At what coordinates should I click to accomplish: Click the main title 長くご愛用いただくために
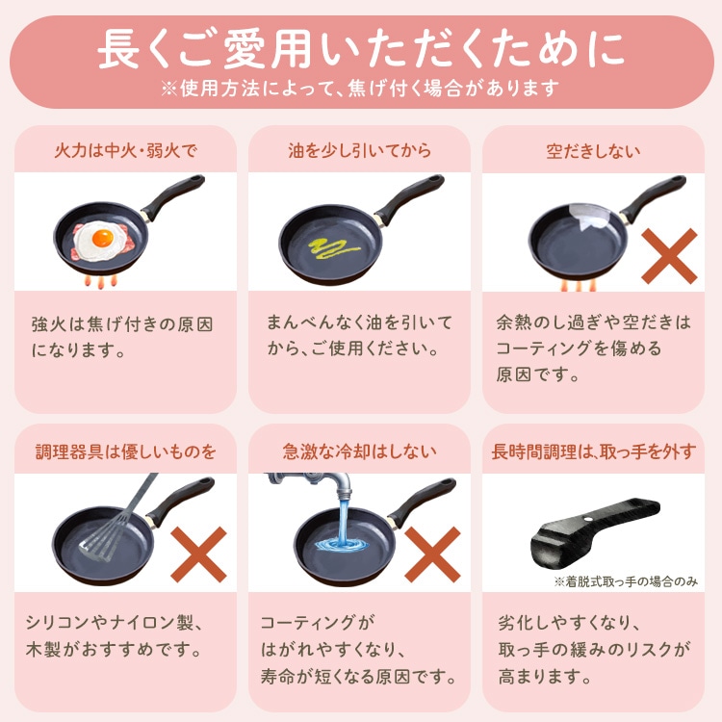pos(360,48)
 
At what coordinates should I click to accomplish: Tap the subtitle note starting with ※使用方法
pos(360,89)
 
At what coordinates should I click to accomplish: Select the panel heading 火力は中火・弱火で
pos(125,151)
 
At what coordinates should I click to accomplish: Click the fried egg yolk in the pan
pos(98,235)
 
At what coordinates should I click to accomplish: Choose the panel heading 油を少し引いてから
pos(359,151)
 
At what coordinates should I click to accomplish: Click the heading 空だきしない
pos(593,151)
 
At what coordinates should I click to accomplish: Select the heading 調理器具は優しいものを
pos(125,451)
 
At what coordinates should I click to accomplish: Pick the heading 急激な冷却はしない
pos(359,451)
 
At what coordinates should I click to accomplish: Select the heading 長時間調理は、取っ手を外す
pos(593,451)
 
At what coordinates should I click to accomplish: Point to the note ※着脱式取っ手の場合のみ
pos(625,580)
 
